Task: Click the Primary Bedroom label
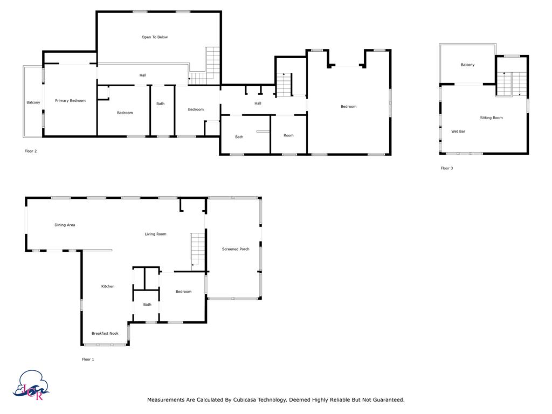point(70,101)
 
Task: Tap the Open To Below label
point(155,37)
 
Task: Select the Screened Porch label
point(236,249)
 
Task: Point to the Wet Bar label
point(458,132)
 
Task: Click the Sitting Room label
point(491,118)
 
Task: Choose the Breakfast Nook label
point(105,333)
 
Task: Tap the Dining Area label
point(65,225)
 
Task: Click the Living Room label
point(155,234)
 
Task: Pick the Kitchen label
point(108,286)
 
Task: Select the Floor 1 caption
point(88,360)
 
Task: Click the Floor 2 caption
point(31,151)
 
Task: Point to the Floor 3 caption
point(447,168)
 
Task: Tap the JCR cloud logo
point(31,385)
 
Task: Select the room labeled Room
point(288,135)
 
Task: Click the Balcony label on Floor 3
point(467,65)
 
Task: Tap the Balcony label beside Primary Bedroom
point(33,102)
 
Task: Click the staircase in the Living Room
point(197,251)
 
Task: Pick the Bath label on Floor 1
point(147,305)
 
